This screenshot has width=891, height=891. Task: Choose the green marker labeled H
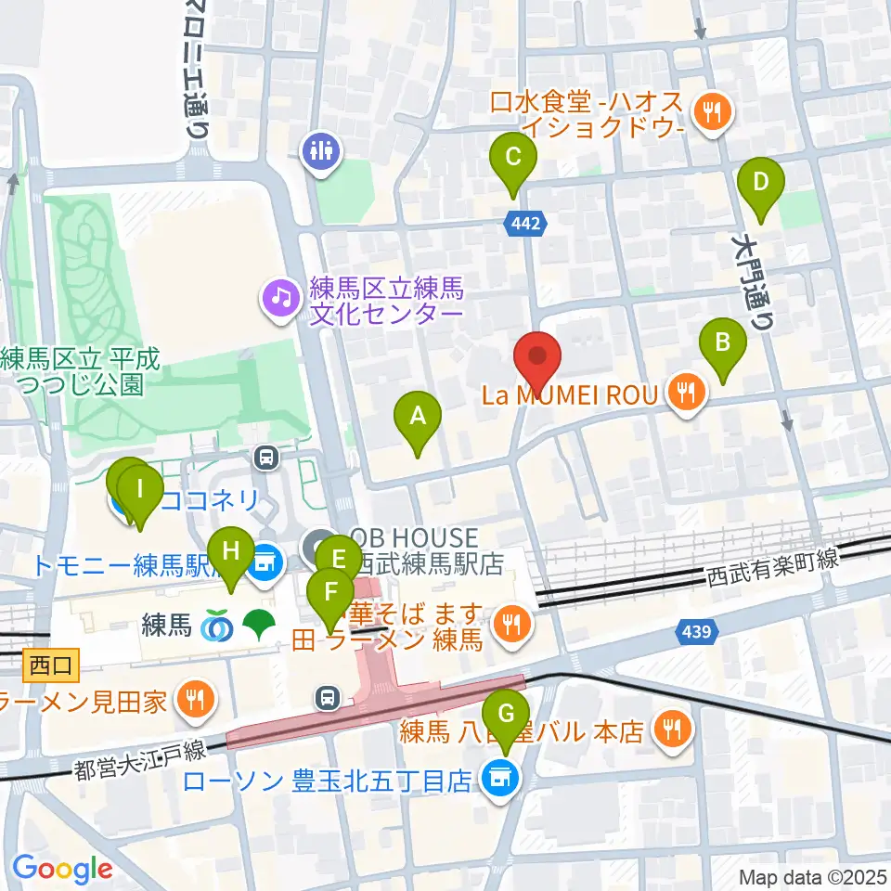[230, 557]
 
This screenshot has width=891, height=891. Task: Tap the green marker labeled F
[329, 596]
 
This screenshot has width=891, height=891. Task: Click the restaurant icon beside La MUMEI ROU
[687, 394]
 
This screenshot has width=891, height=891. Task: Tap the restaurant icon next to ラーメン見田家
[195, 701]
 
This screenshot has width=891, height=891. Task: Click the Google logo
[63, 869]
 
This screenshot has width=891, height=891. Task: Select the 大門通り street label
[753, 283]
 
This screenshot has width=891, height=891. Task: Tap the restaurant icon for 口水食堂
[713, 114]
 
